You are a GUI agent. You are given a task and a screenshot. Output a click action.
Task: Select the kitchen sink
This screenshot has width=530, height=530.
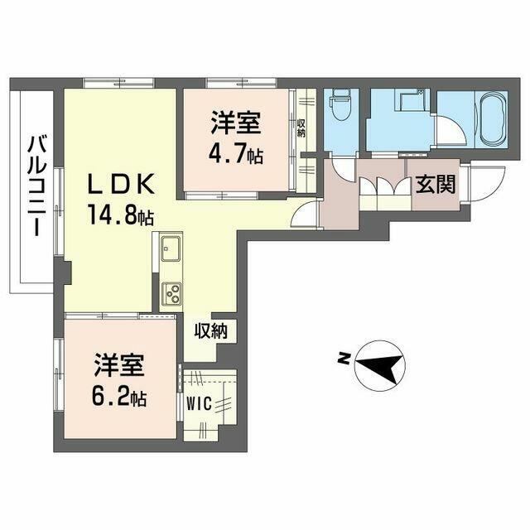(x=171, y=248)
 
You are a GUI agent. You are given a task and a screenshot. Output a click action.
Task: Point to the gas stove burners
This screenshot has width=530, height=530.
(x=171, y=292)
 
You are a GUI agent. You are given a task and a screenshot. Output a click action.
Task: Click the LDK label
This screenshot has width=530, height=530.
(x=121, y=184)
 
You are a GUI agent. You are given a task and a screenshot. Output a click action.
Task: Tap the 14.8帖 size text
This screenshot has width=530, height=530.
(x=121, y=215)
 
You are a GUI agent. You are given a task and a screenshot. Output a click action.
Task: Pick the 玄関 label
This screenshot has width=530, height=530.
(x=436, y=185)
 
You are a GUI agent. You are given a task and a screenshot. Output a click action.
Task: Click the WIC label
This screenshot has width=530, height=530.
(x=200, y=403)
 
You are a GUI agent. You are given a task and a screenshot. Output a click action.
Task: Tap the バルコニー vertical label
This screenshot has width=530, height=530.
(x=37, y=185)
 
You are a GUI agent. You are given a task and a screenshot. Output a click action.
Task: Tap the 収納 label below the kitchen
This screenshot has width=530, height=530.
(x=210, y=331)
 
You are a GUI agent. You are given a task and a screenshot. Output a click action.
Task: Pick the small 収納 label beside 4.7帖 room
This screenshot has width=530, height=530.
(x=301, y=128)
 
